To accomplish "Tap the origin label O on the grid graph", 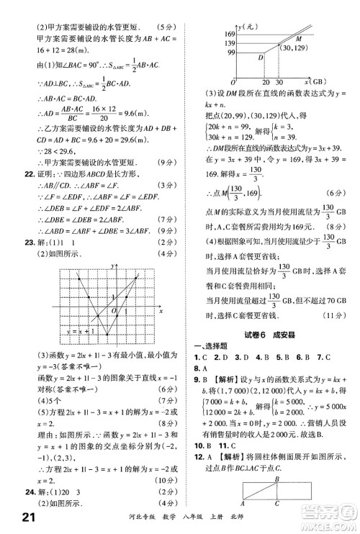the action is [x=112, y=311].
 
